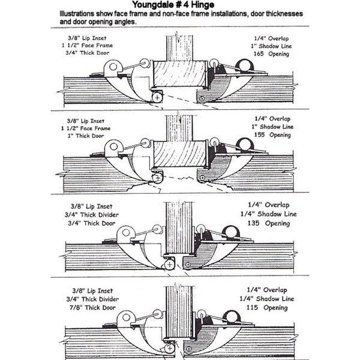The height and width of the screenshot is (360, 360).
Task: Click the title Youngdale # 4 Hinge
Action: pyautogui.click(x=180, y=5)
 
